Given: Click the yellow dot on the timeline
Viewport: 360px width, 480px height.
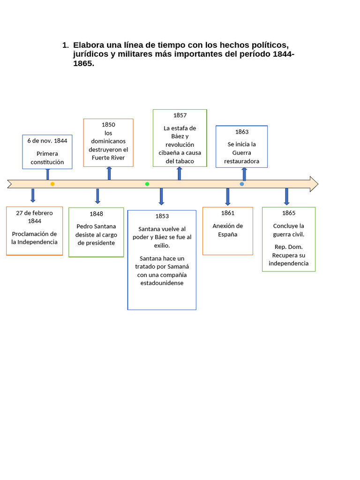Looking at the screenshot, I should [52, 184].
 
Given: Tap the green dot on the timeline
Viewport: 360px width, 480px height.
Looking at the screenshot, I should [147, 184].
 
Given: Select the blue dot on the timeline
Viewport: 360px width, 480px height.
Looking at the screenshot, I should [242, 184].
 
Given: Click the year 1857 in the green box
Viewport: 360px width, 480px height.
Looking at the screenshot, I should [180, 115].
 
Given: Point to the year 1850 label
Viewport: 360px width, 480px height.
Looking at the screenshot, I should [108, 125].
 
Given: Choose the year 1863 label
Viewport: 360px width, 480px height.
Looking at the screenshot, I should [242, 132].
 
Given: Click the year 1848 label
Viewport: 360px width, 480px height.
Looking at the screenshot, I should [96, 214].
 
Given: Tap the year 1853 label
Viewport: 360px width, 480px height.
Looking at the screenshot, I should [162, 216].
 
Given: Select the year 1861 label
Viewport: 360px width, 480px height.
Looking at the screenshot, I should [228, 213].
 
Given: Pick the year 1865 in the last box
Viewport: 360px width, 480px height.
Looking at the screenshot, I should [289, 213].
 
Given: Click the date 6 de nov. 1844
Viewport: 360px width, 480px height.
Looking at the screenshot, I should [47, 141].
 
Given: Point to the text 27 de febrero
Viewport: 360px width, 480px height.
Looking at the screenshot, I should [34, 213].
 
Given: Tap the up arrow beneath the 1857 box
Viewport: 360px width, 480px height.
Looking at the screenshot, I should [180, 173].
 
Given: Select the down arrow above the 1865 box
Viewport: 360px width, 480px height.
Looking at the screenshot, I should [286, 196].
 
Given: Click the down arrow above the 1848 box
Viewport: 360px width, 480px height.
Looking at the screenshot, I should [97, 196].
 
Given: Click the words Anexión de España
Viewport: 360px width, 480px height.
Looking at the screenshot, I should [228, 230].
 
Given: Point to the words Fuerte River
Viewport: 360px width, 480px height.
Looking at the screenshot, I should [108, 157].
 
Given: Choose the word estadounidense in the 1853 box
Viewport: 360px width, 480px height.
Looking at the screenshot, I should [162, 283].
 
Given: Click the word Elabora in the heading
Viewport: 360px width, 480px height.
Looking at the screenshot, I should [89, 45].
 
